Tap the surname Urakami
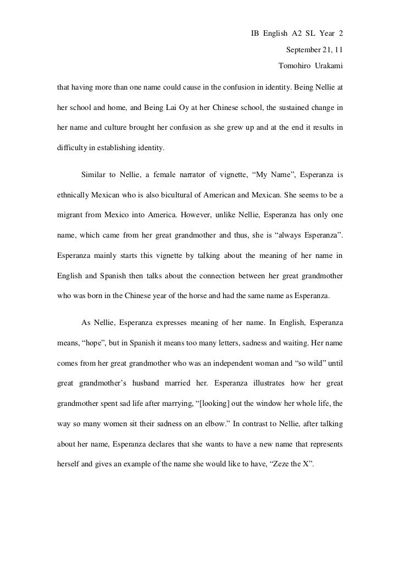331,67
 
